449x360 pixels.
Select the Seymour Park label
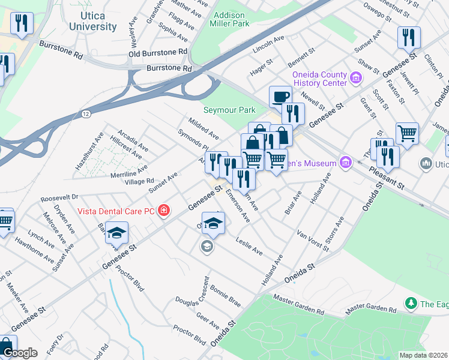point(229,110)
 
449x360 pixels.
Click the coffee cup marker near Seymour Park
point(280,97)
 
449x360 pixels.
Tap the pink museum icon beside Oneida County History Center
point(355,77)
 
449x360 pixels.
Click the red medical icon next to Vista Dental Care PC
point(163,211)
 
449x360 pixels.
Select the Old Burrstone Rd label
point(158,53)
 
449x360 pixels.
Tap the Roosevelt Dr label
point(59,197)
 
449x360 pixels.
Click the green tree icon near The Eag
point(411,304)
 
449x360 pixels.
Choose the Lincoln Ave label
point(269,43)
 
